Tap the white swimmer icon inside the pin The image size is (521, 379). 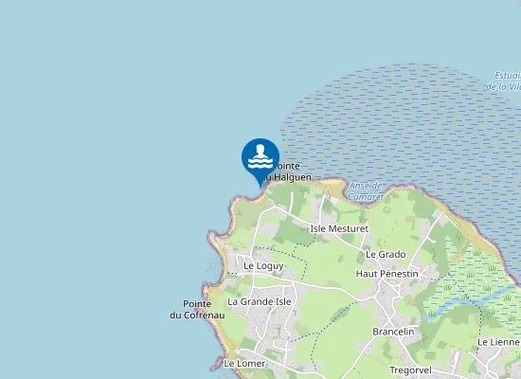260,158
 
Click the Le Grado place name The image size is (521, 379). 385,254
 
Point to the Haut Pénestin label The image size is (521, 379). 386,273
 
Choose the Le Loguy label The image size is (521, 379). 263,266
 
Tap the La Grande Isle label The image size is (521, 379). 260,301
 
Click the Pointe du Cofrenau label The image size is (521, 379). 197,310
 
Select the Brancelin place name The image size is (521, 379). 394,332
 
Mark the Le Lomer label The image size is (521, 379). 245,363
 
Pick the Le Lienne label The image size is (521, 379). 498,342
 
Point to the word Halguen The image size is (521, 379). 295,177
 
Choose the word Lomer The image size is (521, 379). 251,363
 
